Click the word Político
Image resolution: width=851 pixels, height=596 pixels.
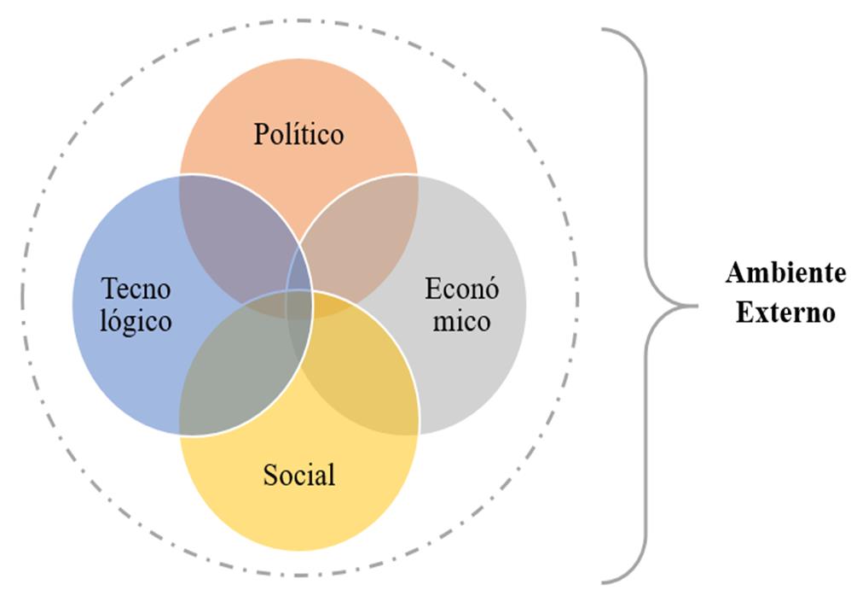[x=298, y=134]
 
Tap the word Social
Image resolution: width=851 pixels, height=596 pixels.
[x=298, y=474]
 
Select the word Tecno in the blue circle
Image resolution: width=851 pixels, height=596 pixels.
[x=136, y=288]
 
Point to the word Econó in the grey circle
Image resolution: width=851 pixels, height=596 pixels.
[x=461, y=288]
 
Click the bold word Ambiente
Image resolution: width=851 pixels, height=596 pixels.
[x=785, y=274]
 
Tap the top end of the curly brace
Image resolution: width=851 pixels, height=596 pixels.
[x=603, y=29]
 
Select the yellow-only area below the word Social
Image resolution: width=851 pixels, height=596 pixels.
[x=298, y=521]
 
